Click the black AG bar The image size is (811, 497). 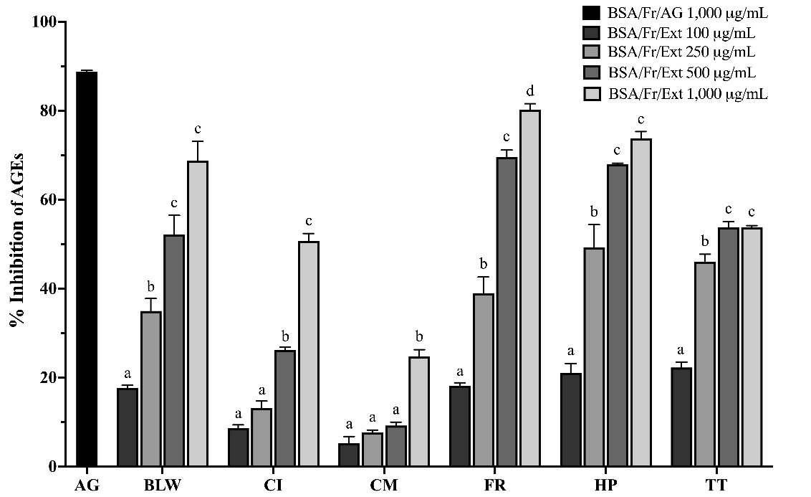click(x=87, y=269)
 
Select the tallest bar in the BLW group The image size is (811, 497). click(x=198, y=313)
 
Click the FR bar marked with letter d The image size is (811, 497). click(x=530, y=288)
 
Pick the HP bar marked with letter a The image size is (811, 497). click(x=572, y=420)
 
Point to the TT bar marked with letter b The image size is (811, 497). click(x=705, y=364)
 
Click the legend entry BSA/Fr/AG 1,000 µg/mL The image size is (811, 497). click(x=677, y=12)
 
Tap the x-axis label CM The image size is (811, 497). click(x=384, y=486)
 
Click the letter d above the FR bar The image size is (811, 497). click(x=530, y=92)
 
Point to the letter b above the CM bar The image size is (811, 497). click(x=419, y=337)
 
